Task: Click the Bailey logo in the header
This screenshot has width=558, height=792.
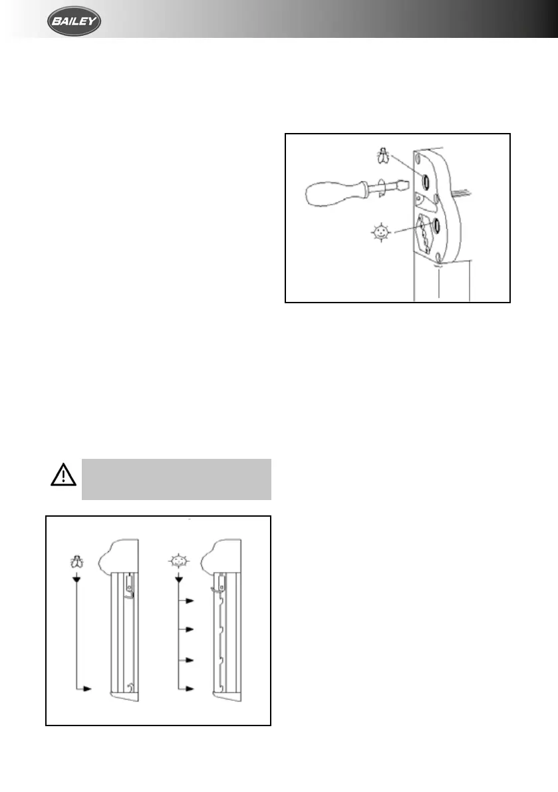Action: (74, 24)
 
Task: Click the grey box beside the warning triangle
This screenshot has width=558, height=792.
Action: (176, 478)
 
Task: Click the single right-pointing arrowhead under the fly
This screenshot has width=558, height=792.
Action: (86, 689)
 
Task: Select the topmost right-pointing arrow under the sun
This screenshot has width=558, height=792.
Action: (189, 600)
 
